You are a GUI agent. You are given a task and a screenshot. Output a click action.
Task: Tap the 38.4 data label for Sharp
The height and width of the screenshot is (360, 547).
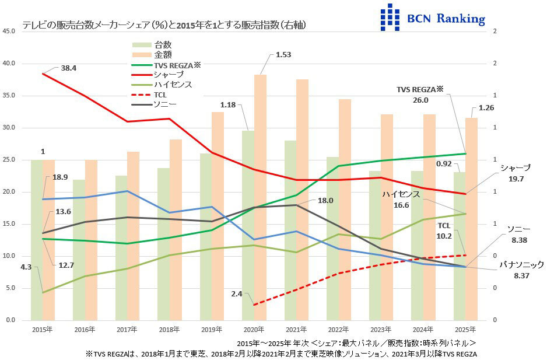69,68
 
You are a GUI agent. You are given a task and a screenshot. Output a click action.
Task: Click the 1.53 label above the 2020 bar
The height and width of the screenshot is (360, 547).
283,55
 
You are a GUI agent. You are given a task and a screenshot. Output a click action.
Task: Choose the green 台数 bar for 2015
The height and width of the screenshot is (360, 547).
36,239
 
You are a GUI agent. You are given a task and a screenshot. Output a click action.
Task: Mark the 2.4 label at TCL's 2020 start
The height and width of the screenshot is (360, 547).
236,294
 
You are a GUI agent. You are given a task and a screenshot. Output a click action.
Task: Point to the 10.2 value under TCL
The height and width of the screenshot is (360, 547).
444,236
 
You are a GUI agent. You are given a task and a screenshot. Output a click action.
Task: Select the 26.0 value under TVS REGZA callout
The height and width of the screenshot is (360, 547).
420,100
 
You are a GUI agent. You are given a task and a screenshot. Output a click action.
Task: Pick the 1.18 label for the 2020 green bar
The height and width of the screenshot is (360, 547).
228,105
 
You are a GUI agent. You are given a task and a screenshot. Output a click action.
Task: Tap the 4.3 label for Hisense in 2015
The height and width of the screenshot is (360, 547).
26,267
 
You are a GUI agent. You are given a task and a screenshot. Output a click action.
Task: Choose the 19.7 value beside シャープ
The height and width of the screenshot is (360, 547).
515,179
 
